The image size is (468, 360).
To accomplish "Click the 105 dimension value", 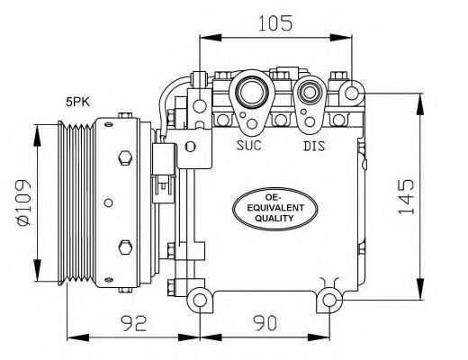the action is click(274, 23).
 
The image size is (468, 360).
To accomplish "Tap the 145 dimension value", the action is click(406, 197).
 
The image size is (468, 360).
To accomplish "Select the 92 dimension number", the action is click(133, 323).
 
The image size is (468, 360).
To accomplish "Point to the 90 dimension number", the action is click(265, 323).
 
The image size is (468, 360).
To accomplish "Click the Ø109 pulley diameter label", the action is click(24, 202).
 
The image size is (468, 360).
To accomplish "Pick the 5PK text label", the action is click(77, 103).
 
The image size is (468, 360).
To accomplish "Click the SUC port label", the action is click(249, 146).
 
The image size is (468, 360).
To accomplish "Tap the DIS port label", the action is click(314, 146).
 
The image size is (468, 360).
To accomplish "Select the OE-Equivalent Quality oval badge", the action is click(275, 209).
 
